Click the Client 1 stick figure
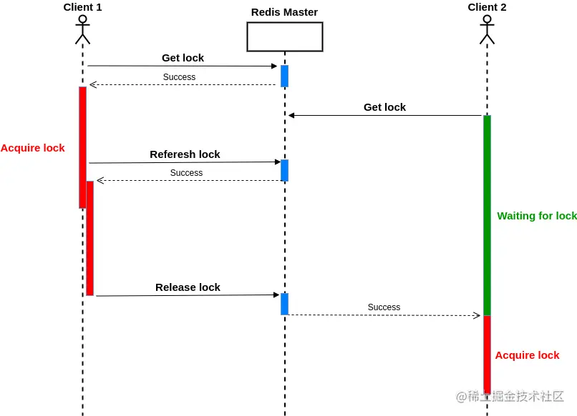82,29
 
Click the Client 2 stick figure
487,29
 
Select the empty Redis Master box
285,36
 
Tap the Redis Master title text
284,12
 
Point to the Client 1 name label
82,7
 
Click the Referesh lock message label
185,154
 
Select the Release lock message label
188,287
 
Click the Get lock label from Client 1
183,58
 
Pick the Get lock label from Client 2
384,107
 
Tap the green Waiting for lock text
537,216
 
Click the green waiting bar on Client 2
487,215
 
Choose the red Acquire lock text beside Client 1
33,148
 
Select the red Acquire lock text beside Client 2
527,355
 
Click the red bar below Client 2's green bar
487,355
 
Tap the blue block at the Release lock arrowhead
284,304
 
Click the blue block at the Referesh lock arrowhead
284,171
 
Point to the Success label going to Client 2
384,307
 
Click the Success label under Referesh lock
186,173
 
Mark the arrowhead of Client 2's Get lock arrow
291,115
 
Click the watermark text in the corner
510,396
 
